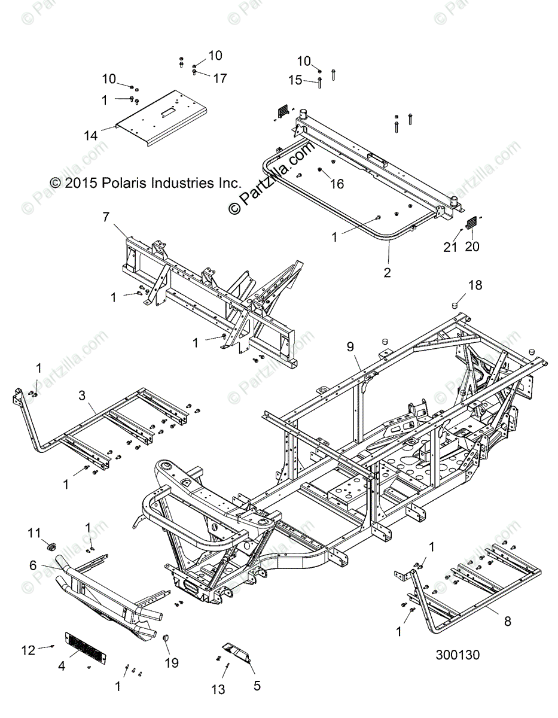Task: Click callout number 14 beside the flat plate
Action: [x=91, y=136]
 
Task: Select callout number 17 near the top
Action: [x=220, y=78]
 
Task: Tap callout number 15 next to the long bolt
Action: [x=296, y=80]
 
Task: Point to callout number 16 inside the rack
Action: [x=337, y=184]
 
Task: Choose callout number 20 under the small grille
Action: [x=472, y=246]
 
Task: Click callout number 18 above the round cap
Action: [x=475, y=285]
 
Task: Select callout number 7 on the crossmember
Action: [x=106, y=217]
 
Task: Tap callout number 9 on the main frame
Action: [x=350, y=346]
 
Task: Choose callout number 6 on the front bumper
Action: [x=33, y=565]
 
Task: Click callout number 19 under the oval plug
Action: [x=172, y=662]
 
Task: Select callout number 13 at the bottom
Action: [x=218, y=690]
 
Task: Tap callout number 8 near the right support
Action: [x=507, y=621]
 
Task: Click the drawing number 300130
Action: [x=458, y=655]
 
